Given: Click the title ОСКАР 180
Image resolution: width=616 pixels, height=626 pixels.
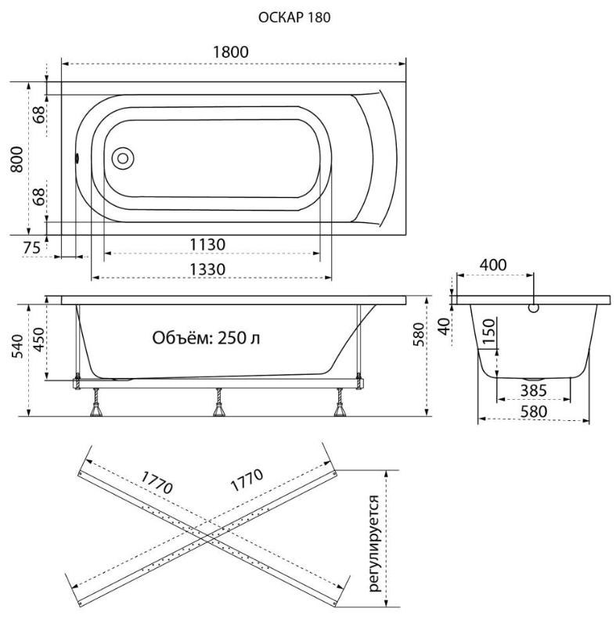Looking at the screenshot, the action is coord(294,17).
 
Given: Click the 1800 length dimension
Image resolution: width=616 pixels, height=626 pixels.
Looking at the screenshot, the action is coord(231,52).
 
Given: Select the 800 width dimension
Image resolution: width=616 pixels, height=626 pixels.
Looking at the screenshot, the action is coord(16,160).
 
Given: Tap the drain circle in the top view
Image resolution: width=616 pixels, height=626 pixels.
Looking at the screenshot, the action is coord(123,159).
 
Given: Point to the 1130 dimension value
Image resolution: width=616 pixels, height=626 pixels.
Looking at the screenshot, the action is coord(207,244).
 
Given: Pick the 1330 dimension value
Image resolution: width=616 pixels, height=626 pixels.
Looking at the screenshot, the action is coord(207,269).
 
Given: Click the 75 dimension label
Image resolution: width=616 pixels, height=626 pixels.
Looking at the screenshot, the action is coord(31,248).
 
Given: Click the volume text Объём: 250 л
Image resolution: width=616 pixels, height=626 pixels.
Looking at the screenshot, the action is coord(206,338).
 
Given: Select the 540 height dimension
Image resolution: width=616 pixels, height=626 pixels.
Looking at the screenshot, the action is coord(16,347).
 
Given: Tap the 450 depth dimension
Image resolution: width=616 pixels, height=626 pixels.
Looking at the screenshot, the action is coord(39,340).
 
